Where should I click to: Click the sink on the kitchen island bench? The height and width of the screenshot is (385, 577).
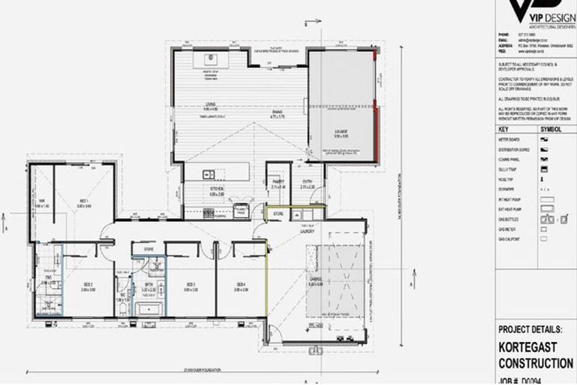206,174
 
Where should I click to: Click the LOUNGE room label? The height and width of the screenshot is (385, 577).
341,133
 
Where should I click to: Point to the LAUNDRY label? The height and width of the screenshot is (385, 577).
307,232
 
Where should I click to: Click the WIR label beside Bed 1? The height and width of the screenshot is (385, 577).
43,201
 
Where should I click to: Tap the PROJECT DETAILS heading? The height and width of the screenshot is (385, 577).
535,329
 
